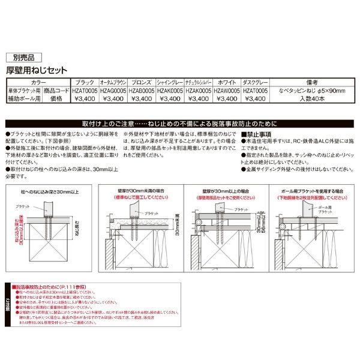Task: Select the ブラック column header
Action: tap(82, 82)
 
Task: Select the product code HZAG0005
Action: tap(111, 90)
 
